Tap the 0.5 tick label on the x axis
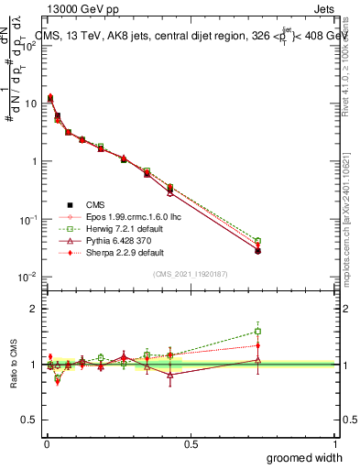click(x=191, y=444)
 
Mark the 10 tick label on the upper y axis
click(x=27, y=104)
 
